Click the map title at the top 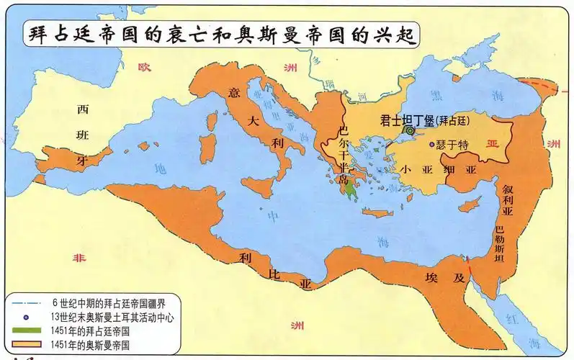pos(223,35)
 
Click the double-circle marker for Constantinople pos(410,131)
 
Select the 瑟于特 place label pos(453,145)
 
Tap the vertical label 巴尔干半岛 pos(344,155)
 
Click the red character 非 pos(75,258)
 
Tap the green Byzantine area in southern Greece pos(351,190)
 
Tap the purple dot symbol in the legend pos(27,316)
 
